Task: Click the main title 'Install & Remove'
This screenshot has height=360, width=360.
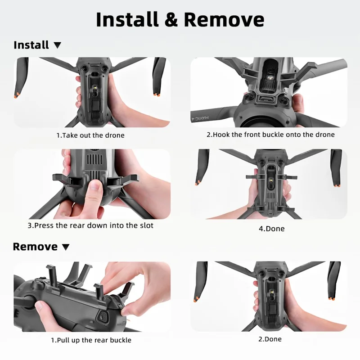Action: pyautogui.click(x=180, y=20)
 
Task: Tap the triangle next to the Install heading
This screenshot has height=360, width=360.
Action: pyautogui.click(x=57, y=45)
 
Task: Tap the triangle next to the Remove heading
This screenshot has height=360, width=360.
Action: pyautogui.click(x=66, y=247)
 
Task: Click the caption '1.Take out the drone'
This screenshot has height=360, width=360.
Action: pyautogui.click(x=90, y=135)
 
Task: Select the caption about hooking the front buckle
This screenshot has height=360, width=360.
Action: pyautogui.click(x=270, y=135)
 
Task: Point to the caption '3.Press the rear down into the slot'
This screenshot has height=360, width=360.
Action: pyautogui.click(x=90, y=225)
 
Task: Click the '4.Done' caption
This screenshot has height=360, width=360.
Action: pyautogui.click(x=271, y=229)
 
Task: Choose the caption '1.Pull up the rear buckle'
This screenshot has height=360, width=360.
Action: pyautogui.click(x=91, y=340)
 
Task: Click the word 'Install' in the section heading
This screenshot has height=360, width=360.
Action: pyautogui.click(x=31, y=45)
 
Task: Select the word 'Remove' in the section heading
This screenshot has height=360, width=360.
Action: pyautogui.click(x=35, y=247)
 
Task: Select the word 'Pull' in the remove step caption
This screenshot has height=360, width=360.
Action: pyautogui.click(x=64, y=340)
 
